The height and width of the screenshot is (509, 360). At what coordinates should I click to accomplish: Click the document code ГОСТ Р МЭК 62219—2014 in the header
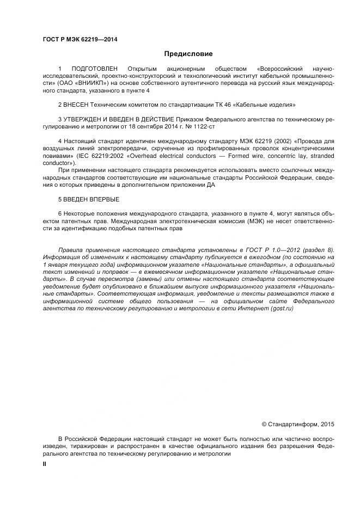point(80,40)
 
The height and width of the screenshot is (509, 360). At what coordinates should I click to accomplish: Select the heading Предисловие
point(188,54)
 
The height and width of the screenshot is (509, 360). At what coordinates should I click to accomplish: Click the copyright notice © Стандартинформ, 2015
point(298,423)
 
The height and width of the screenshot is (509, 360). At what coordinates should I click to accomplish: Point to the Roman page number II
point(45,464)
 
